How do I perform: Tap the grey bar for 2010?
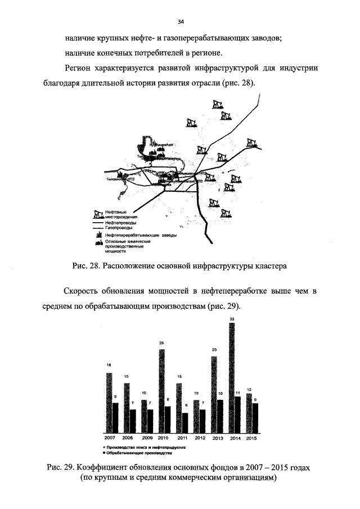162,390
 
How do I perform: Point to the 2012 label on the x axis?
200,438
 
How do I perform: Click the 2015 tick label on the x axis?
252,438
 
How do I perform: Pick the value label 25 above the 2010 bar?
162,343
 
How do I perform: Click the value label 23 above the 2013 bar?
214,350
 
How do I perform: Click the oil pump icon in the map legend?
99,213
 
